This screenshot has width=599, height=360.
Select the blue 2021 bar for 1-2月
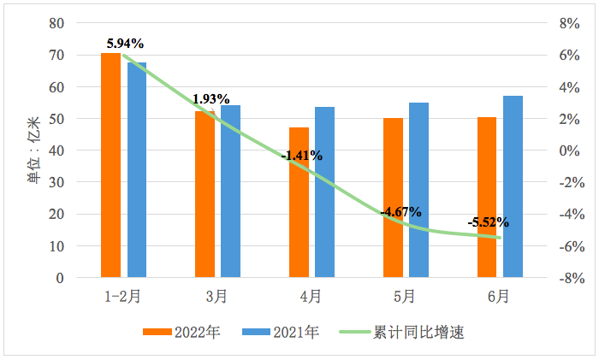[x=137, y=170]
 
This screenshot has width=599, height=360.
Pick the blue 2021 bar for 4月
[x=324, y=192]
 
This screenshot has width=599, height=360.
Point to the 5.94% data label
[x=125, y=43]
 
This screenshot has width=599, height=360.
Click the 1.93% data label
[x=211, y=99]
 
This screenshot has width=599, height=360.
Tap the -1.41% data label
[x=303, y=156]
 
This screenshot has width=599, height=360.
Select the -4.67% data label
[x=402, y=211]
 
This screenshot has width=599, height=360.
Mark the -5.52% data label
[x=489, y=222]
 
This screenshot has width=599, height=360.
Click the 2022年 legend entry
[x=182, y=333]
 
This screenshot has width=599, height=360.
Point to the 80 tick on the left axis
[x=56, y=24]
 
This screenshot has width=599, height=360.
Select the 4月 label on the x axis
[x=311, y=297]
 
